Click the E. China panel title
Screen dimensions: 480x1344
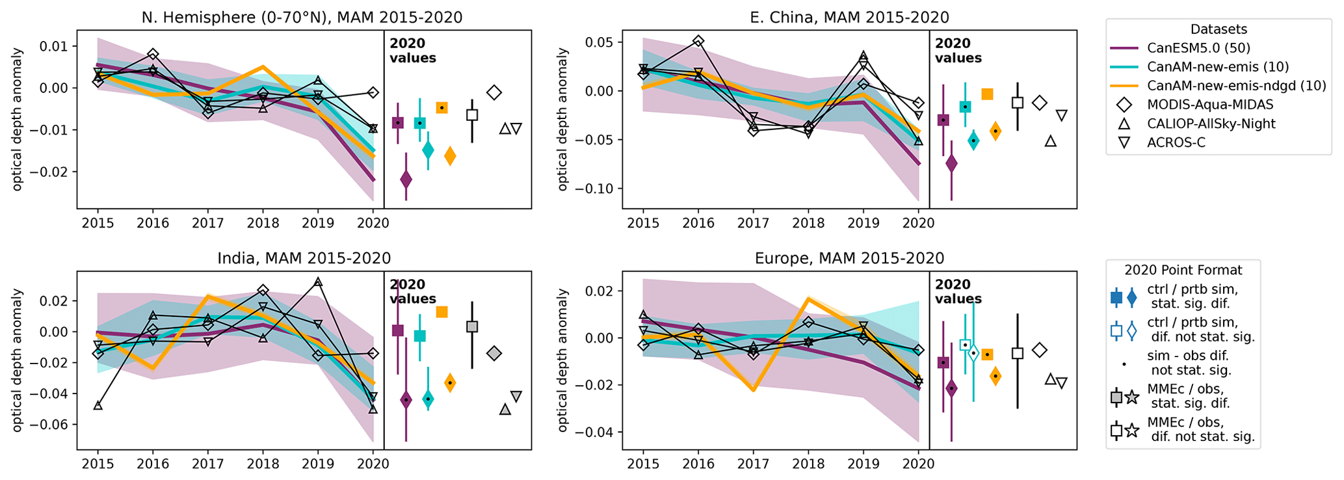point(849,18)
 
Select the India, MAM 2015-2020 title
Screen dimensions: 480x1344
point(304,258)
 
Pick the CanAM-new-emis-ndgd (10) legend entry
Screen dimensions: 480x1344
point(1236,86)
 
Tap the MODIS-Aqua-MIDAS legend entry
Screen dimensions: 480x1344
point(1210,105)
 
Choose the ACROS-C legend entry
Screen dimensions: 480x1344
point(1176,142)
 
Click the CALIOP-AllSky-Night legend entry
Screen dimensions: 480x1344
point(1211,124)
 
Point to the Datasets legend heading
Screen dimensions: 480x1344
point(1219,29)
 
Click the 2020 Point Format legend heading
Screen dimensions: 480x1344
point(1183,270)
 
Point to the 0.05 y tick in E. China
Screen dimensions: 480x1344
point(601,42)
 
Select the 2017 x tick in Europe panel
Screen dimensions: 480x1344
point(753,464)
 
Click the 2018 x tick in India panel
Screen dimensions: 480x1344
point(263,464)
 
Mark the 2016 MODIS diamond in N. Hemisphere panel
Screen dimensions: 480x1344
point(153,54)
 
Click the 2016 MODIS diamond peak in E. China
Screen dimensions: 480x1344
point(698,41)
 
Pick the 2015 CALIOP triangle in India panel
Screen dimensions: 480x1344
point(98,405)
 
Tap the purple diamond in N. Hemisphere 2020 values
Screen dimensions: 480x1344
point(406,179)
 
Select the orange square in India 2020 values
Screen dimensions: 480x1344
point(441,312)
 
